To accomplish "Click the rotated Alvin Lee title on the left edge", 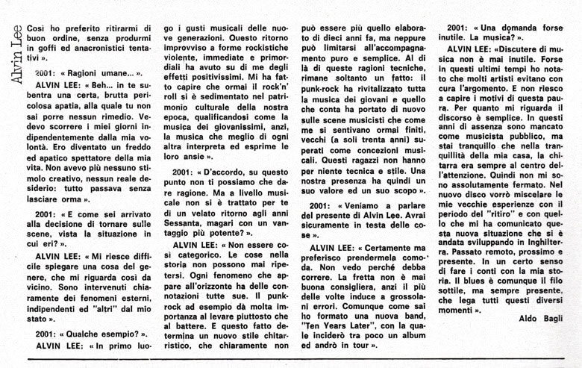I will pos(10,49).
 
